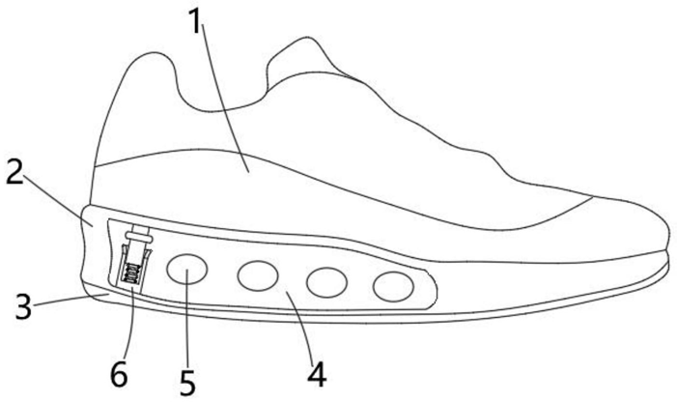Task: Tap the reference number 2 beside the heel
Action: (x=14, y=173)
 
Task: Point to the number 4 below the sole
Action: (x=316, y=371)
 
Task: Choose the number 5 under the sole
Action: (x=188, y=381)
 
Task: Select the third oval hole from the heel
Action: (x=326, y=282)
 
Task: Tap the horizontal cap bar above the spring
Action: (x=139, y=234)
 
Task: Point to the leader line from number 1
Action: (x=224, y=97)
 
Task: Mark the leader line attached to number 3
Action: (x=68, y=301)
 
